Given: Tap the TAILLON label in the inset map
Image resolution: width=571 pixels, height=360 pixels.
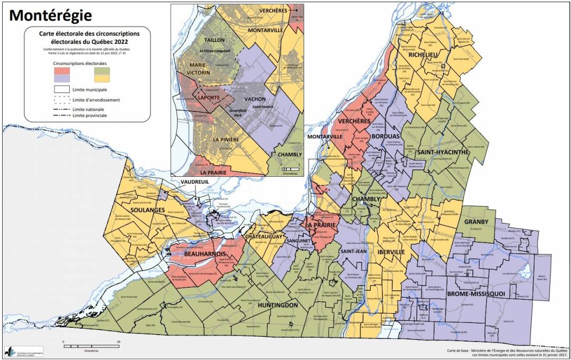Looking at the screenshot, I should tap(214, 40).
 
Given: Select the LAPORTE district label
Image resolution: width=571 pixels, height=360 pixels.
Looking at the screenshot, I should tap(210, 97).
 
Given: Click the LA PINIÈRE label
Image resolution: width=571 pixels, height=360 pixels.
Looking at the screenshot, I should tap(227, 139).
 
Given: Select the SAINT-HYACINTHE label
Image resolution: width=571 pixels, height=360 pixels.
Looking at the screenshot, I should tap(442, 153).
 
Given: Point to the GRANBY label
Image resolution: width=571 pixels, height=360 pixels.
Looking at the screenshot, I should tap(477, 222).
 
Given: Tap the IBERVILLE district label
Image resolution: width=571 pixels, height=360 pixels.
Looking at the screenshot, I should tap(391, 252).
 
